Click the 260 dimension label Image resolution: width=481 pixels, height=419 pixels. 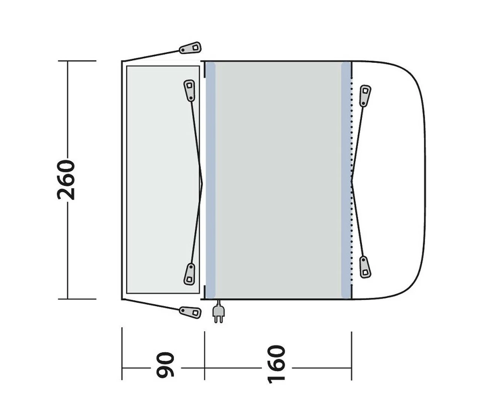(66, 180)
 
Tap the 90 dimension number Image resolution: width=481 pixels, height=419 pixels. (166, 364)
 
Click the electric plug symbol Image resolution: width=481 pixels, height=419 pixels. (218, 312)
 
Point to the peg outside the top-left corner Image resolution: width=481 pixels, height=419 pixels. (191, 48)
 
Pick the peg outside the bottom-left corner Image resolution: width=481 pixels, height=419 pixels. (190, 312)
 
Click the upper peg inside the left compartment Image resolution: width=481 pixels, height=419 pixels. (189, 90)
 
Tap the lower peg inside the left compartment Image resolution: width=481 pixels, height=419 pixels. (190, 274)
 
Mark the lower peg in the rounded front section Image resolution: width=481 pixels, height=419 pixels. (365, 267)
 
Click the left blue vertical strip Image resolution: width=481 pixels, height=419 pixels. (210, 180)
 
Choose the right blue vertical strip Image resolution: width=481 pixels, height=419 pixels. (346, 180)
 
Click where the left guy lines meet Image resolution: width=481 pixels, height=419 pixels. (202, 180)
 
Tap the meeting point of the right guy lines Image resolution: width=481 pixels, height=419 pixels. (352, 181)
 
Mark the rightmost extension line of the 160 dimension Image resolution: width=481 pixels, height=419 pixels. (351, 355)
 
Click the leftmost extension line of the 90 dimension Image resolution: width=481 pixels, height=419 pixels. (122, 353)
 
